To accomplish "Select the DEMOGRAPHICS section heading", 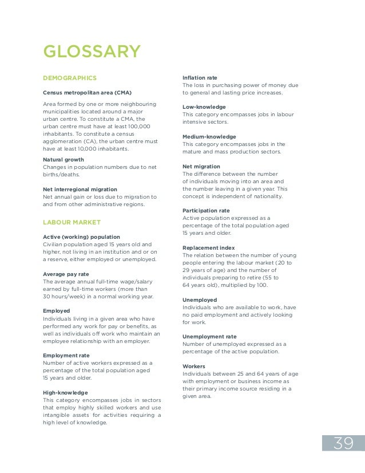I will coord(70,78).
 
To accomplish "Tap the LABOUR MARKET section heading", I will coord(72,222).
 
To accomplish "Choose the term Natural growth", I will coord(64,160).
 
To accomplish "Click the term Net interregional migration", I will coord(80,189).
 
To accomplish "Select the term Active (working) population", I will coord(81,236).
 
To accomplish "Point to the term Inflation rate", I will coord(200,77).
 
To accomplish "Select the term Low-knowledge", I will coord(204,107).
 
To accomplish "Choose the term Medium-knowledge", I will coord(209,137).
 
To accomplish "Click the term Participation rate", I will coord(206,211).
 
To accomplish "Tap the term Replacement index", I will coord(208,248).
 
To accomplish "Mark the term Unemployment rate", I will coord(209,336).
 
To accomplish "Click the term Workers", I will coord(193,366).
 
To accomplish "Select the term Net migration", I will coord(200,167).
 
